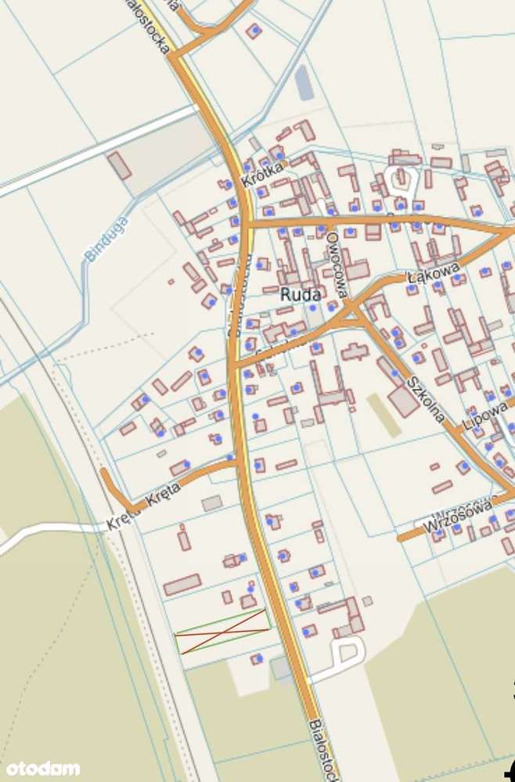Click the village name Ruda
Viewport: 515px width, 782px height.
(300, 295)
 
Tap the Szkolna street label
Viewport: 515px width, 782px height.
(426, 399)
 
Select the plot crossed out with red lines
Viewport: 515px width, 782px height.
(223, 631)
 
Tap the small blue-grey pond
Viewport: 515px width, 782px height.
(304, 82)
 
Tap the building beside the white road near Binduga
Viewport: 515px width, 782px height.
(120, 165)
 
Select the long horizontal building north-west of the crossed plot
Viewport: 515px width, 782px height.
(182, 585)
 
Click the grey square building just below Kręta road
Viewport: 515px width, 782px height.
(211, 503)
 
